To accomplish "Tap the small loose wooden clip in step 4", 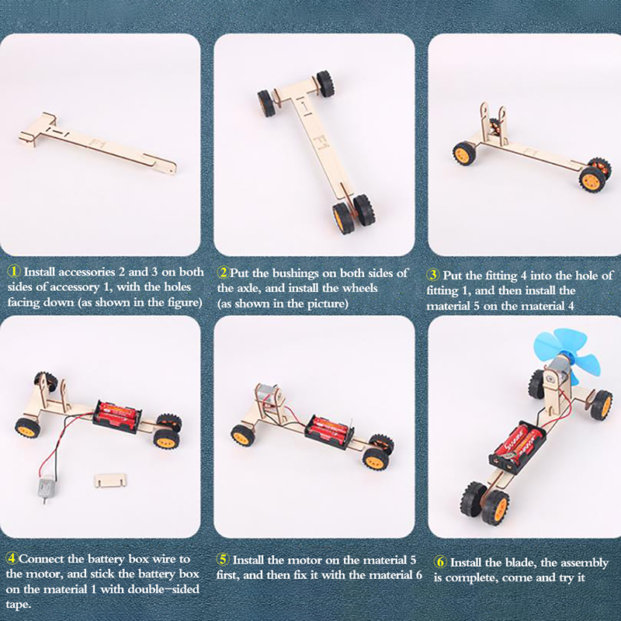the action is point(110,480).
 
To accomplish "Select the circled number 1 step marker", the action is point(14,271).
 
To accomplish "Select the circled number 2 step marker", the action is point(224,272).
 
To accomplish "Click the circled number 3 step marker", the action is point(432,275).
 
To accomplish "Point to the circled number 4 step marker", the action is point(12,558).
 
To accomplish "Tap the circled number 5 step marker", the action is point(223,560).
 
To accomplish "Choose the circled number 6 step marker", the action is point(439,562).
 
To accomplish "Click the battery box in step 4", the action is point(117,417).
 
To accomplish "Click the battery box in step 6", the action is point(517,446).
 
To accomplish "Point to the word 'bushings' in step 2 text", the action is point(295,274).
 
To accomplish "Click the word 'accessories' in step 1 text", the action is point(69,272).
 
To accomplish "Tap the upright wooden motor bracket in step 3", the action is point(494,125).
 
